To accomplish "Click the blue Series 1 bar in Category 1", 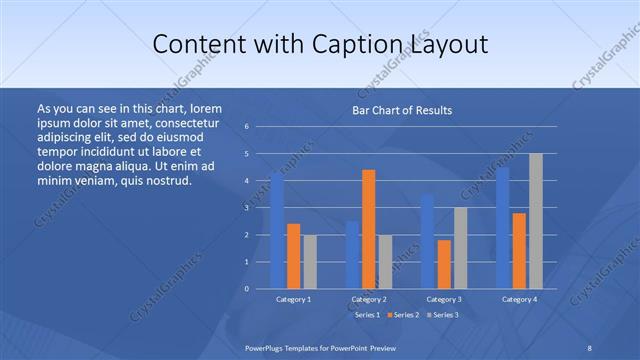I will click(x=277, y=232).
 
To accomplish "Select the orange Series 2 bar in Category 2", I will click(x=369, y=229).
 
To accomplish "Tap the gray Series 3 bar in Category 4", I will click(x=536, y=221).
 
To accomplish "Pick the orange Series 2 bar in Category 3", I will click(x=444, y=264).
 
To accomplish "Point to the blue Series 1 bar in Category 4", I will click(x=503, y=228).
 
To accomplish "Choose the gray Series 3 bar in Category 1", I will click(x=310, y=262).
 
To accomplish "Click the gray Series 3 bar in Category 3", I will click(x=460, y=248).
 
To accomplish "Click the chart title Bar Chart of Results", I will click(x=402, y=110).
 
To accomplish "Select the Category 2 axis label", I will click(x=369, y=299).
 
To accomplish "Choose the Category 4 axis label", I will click(x=519, y=299).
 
